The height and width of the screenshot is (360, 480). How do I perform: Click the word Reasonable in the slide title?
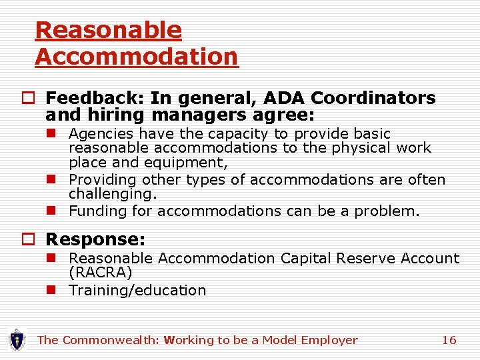coord(108,30)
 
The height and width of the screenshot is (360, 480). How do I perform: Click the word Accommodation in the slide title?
coord(136,57)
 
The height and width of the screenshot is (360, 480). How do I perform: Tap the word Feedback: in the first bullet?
coord(95,99)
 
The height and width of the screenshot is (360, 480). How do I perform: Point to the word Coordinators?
coord(373,99)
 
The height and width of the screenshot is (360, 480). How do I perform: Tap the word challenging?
coord(113,194)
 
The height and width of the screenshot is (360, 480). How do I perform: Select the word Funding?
coord(97,211)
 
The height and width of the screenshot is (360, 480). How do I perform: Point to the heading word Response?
coord(95,239)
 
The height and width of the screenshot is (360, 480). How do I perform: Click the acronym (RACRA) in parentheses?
coord(101,273)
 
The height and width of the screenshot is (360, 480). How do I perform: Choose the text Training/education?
coord(137,290)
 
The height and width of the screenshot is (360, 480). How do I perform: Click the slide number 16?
coord(449,340)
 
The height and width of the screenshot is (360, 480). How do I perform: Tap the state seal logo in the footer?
coord(16,340)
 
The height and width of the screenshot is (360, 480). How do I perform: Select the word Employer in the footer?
coord(329,340)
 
